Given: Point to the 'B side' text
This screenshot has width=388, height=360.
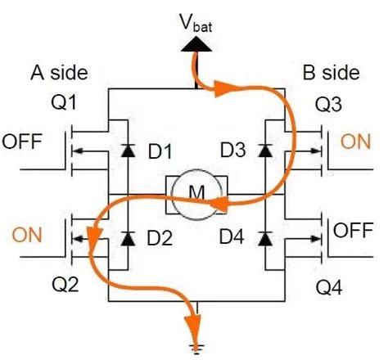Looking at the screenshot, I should (331, 74).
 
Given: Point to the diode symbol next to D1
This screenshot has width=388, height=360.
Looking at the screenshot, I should (126, 151).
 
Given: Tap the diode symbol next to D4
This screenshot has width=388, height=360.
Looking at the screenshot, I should (264, 239).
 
